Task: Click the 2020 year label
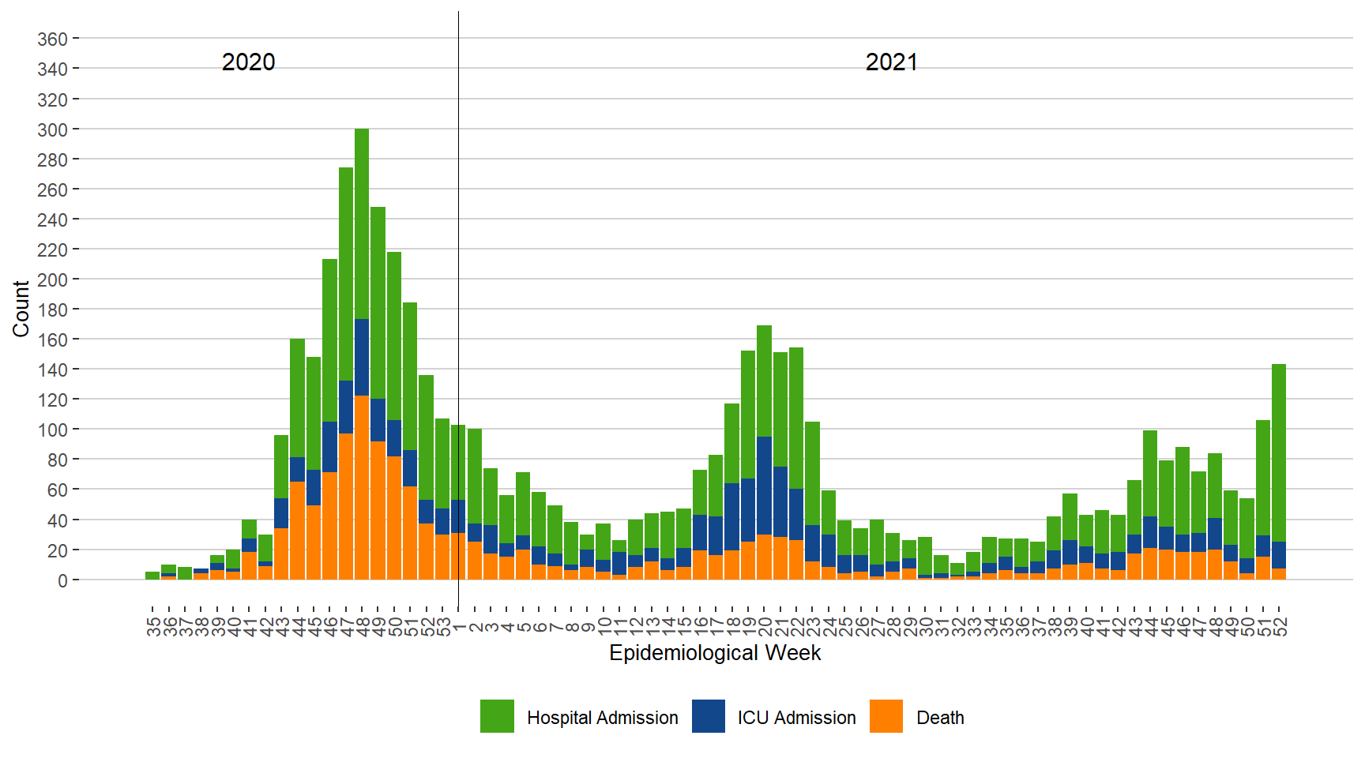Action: (248, 62)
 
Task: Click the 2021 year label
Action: (891, 62)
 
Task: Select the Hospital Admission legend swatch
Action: (497, 716)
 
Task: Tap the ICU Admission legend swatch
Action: (708, 716)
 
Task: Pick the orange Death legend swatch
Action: (886, 716)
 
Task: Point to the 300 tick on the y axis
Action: (52, 129)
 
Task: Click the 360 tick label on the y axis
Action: (52, 39)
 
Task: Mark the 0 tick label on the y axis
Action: (62, 581)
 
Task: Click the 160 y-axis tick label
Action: (52, 340)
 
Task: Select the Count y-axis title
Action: (21, 309)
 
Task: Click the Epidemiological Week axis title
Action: (715, 653)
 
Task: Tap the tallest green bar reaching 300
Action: (362, 221)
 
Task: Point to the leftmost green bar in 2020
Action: (152, 576)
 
